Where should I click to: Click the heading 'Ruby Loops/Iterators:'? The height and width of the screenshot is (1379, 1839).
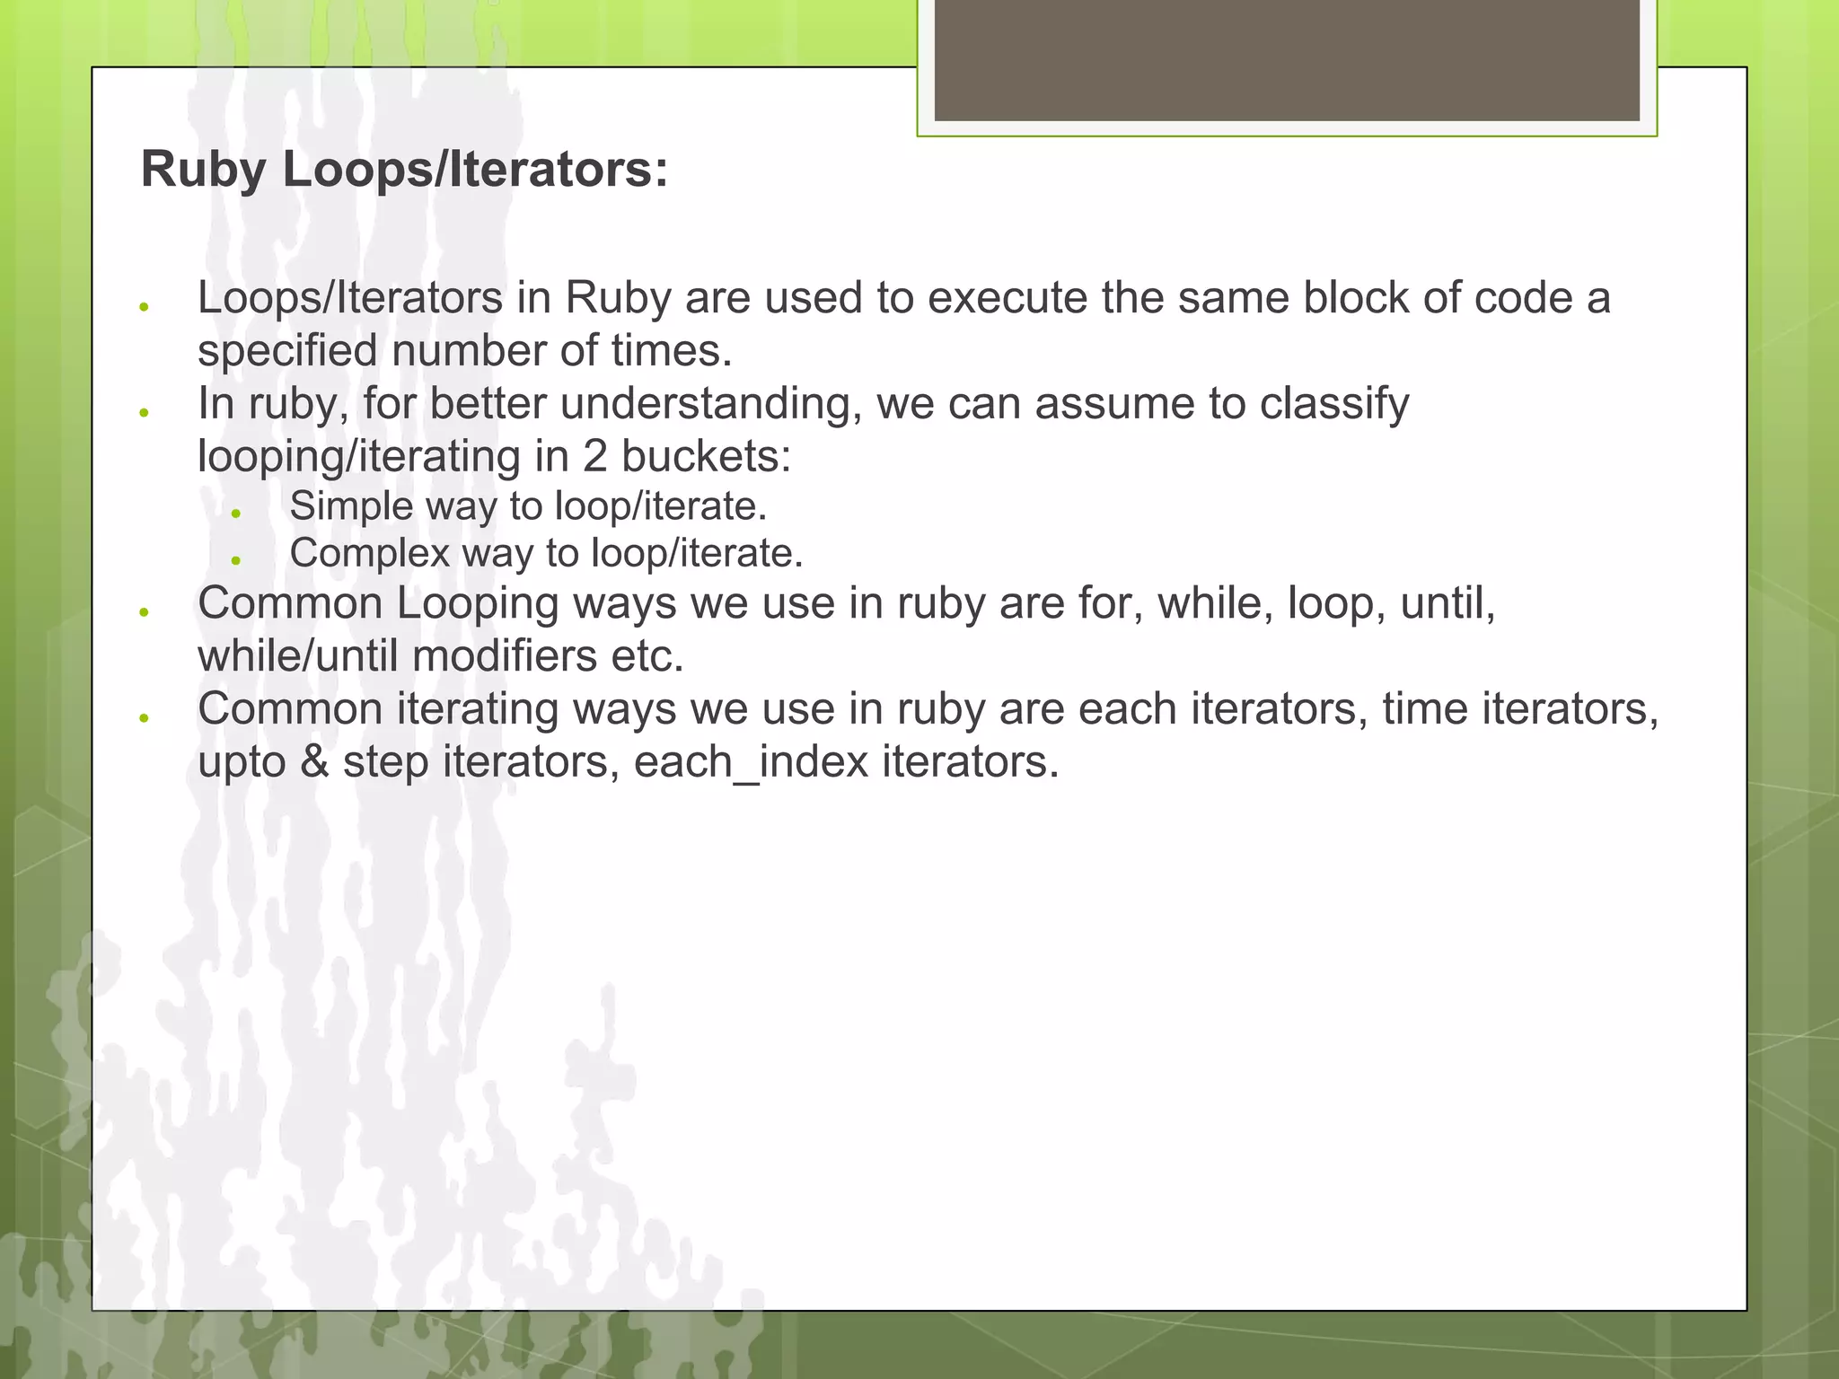[x=404, y=169]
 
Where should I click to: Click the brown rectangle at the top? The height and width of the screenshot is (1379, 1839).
[x=1286, y=61]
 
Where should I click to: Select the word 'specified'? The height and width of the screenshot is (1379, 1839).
[x=287, y=351]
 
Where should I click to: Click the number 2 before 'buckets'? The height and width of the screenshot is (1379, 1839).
[x=594, y=456]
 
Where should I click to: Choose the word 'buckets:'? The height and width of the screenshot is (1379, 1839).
[x=706, y=456]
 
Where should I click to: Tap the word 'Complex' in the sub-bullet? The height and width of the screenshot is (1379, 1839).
[x=369, y=553]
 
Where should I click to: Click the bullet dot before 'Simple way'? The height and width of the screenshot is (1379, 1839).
[x=236, y=514]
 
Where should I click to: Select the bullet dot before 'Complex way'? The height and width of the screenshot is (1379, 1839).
[x=236, y=560]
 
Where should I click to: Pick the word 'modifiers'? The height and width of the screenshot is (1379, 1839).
[x=505, y=656]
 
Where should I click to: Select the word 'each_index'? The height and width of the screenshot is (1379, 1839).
[x=751, y=762]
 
